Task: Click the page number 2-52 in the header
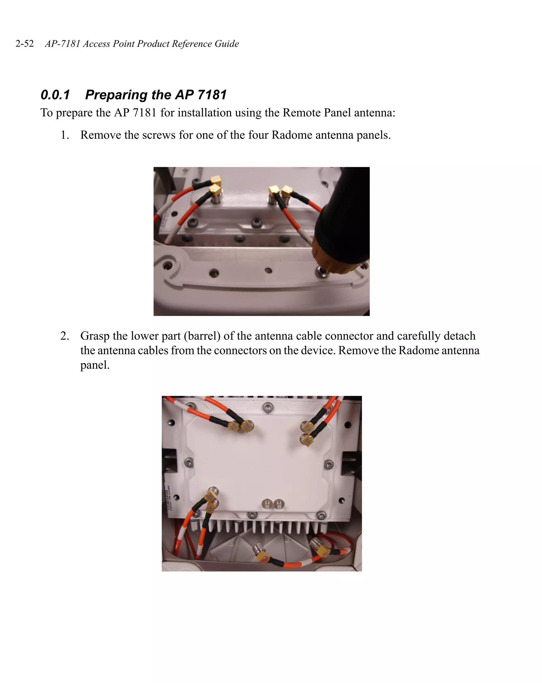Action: (x=25, y=43)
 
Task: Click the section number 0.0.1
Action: (x=55, y=95)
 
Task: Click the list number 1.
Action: (x=65, y=135)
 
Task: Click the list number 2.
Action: (x=65, y=336)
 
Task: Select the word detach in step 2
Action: (x=459, y=336)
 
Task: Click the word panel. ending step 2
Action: (x=95, y=365)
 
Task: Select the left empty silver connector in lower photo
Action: (x=267, y=504)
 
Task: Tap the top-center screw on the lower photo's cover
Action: (x=268, y=407)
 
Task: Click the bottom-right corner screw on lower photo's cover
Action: (x=321, y=515)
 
